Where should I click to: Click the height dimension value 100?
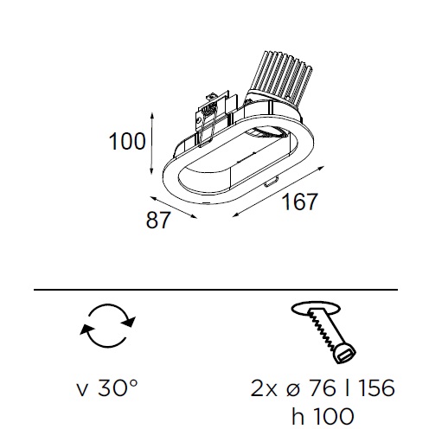127,142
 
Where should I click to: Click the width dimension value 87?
158,220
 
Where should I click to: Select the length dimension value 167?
299,202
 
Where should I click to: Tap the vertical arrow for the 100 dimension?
152,144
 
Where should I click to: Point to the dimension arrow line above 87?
174,208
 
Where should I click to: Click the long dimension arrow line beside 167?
279,191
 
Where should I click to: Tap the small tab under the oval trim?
271,182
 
